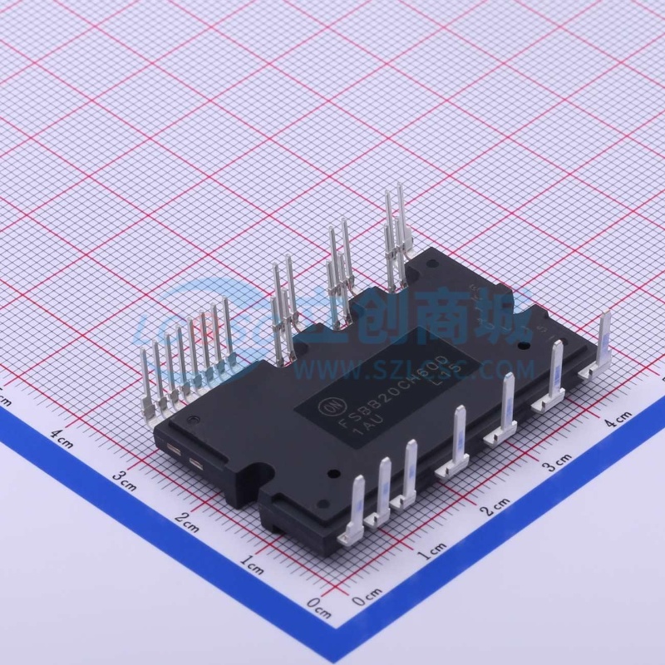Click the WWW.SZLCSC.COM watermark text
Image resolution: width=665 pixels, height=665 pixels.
(x=465, y=367)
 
